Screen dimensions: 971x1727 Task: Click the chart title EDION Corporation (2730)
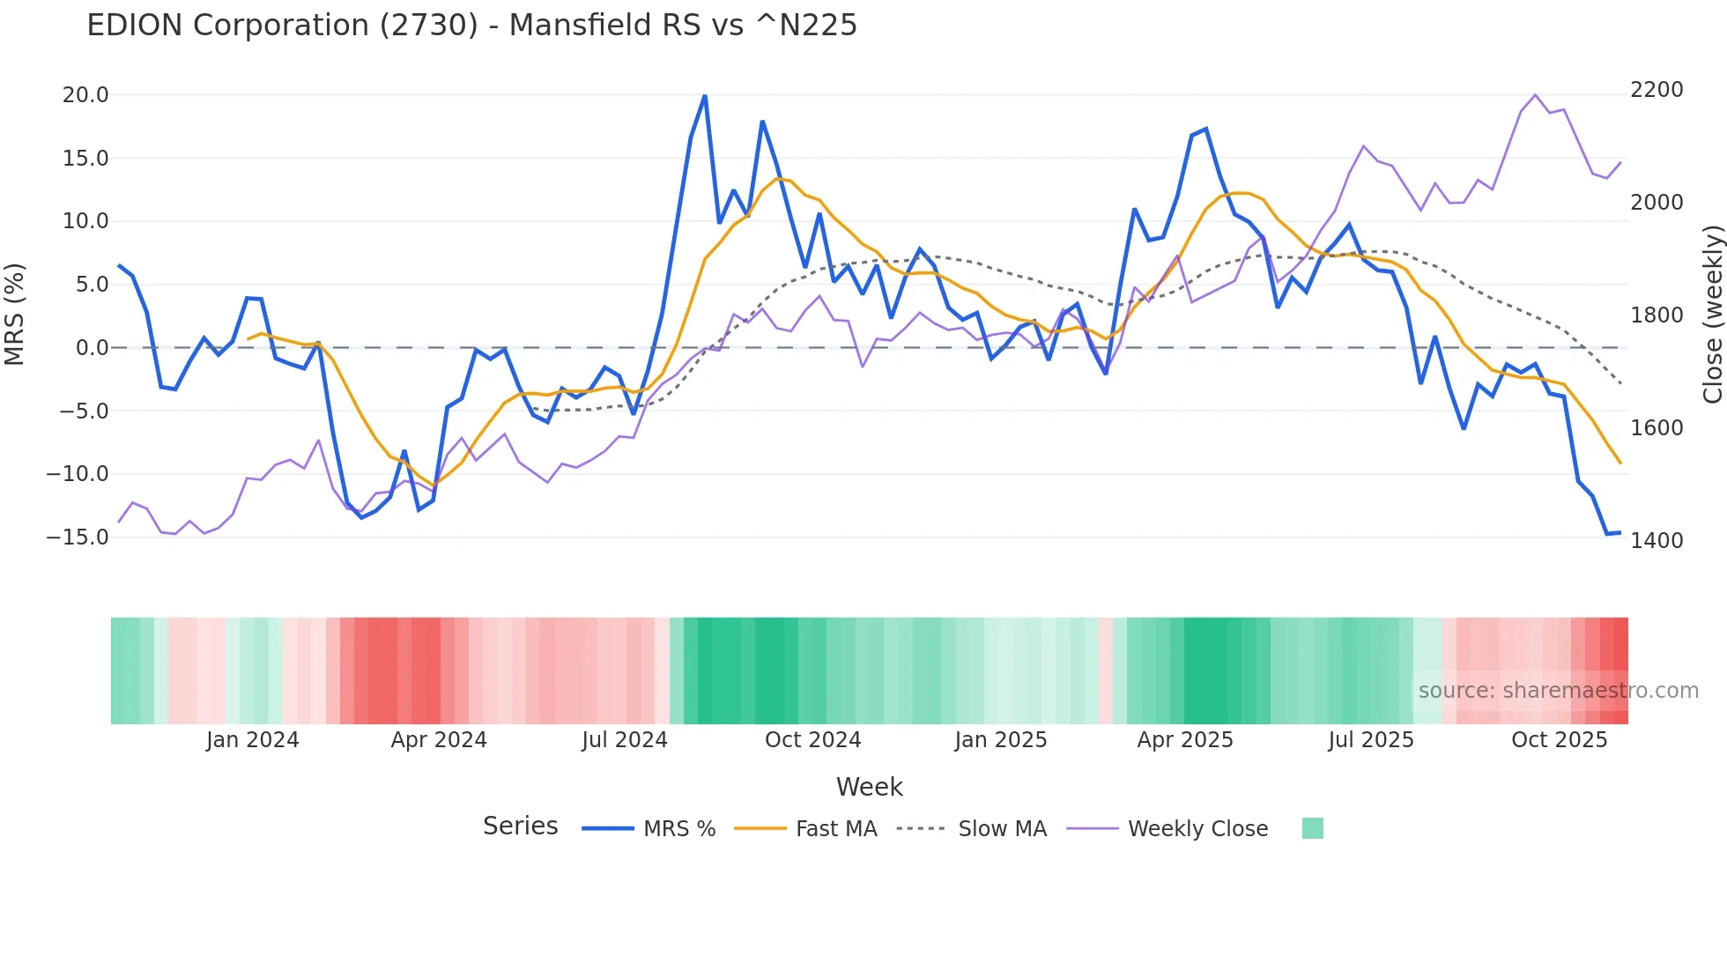pos(471,26)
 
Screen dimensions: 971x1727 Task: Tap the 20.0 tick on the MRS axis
pos(85,95)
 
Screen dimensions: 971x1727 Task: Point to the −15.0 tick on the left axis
pos(78,537)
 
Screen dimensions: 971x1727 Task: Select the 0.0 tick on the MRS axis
pos(92,348)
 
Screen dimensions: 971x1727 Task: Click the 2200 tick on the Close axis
pos(1657,90)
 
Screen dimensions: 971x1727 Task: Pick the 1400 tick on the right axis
pos(1657,541)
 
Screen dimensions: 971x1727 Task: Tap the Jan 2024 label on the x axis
pos(253,740)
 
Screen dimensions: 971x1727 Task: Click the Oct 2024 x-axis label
pos(812,740)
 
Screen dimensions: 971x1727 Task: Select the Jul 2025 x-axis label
pos(1371,740)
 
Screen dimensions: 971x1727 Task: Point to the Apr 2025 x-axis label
pos(1185,740)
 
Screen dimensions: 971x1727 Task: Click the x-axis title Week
pos(869,787)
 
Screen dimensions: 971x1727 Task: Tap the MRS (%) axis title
pos(15,314)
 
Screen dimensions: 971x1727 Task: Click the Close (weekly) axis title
pos(1712,315)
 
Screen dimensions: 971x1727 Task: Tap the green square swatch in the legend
pos(1313,828)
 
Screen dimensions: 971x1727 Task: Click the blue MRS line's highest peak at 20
pos(705,96)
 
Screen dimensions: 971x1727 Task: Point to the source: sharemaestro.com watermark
pos(1558,691)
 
